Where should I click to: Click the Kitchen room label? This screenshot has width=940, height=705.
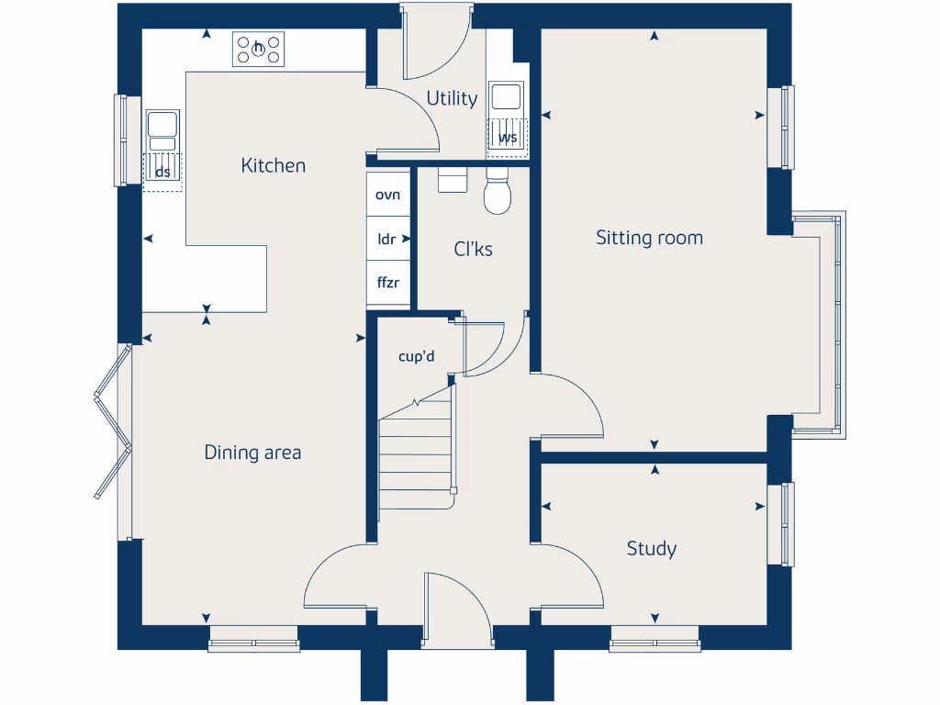[x=273, y=165]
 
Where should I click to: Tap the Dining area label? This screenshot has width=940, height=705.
[x=252, y=453]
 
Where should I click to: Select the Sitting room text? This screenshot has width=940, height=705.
[x=649, y=238]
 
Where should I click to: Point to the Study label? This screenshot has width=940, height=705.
[x=652, y=549]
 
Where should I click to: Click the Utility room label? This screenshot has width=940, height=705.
[x=452, y=98]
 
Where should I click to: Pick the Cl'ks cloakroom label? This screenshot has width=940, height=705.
[x=474, y=249]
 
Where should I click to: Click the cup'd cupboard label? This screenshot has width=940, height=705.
[x=416, y=357]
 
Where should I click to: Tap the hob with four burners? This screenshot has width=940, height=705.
[x=258, y=49]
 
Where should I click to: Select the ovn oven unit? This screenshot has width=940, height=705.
[x=388, y=195]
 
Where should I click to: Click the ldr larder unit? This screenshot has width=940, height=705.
[x=387, y=239]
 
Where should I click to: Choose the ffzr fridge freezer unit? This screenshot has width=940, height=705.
[x=388, y=282]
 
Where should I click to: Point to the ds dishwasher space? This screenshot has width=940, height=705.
[x=162, y=172]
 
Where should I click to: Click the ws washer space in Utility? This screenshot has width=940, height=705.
[x=507, y=136]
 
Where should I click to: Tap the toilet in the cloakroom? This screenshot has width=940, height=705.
[x=497, y=193]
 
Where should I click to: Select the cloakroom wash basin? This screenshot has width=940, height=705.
[x=453, y=178]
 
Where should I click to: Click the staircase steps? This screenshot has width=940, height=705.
[x=416, y=454]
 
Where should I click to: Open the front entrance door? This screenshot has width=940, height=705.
[x=457, y=606]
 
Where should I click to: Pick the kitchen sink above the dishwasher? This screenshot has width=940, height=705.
[x=162, y=129]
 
